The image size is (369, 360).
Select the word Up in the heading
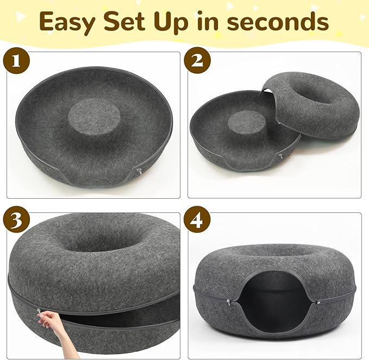185,23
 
